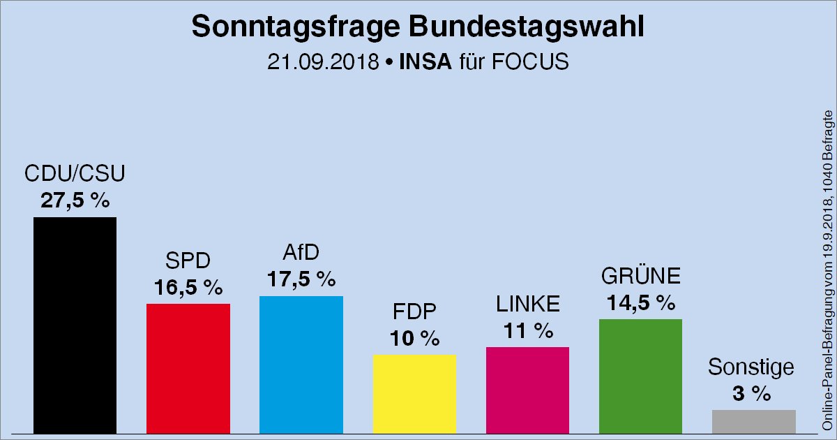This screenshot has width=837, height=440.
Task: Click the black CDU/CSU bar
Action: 75,325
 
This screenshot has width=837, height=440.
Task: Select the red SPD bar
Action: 188,368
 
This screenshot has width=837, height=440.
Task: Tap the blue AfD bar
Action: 301,364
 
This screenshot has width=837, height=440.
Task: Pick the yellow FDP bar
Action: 414,393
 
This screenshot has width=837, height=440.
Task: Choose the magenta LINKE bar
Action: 527,390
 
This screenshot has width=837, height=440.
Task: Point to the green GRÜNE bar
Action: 640,376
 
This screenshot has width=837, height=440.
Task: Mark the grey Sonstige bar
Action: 753,421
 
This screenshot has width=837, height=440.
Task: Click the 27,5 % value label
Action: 75,200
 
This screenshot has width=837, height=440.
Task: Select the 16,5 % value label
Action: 188,287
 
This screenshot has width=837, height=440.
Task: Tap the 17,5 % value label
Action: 301,279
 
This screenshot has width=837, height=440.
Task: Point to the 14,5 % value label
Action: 640,302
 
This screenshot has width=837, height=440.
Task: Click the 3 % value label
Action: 752,393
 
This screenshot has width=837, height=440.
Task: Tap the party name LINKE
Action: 528,305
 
